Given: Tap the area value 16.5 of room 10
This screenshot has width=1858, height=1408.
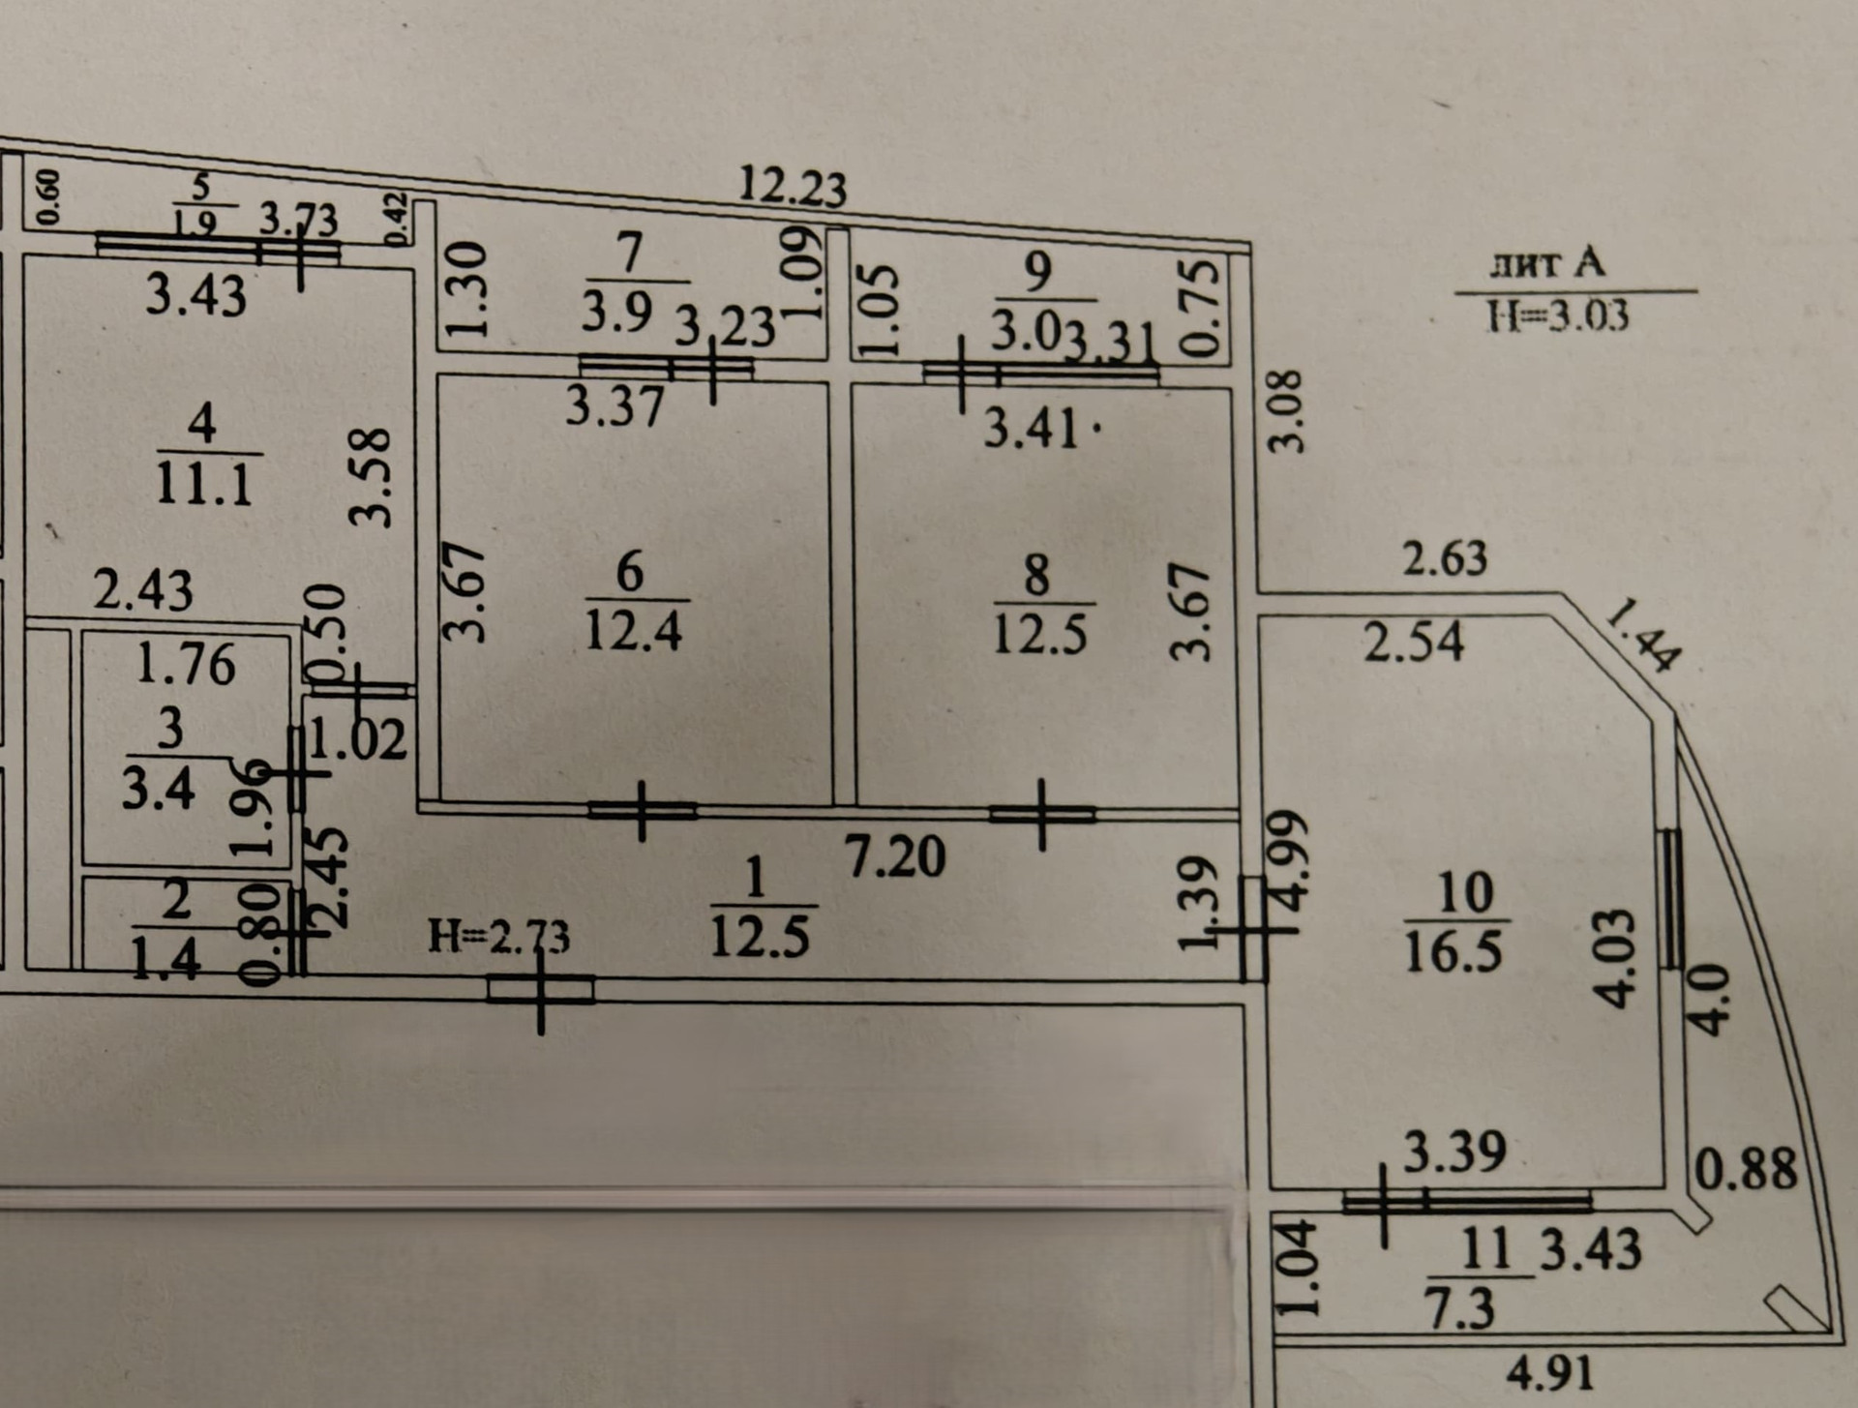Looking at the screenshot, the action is (1453, 950).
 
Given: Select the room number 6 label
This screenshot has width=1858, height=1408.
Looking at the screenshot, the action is (629, 571).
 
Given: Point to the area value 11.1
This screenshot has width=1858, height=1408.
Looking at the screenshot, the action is (203, 482).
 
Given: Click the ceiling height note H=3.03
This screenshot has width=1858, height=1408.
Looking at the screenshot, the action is (1558, 316).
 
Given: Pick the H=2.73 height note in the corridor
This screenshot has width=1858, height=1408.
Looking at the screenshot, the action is (499, 936).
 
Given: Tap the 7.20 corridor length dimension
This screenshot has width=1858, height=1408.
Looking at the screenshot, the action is (895, 856).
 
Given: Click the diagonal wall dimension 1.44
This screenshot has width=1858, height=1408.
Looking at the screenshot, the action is (1641, 635).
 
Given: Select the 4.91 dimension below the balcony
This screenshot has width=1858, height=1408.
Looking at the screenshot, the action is (1549, 1373).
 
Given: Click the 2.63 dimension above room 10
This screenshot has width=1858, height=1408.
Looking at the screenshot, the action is (1446, 558).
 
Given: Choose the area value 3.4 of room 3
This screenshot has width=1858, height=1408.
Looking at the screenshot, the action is (158, 789).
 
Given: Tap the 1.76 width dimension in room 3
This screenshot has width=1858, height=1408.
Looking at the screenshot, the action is (186, 664).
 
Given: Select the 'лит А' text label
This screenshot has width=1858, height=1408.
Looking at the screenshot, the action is (1546, 264).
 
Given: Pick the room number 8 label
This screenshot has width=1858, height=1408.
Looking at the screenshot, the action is (1036, 575).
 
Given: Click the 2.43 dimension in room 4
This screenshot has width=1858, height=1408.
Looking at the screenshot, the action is (142, 589).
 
